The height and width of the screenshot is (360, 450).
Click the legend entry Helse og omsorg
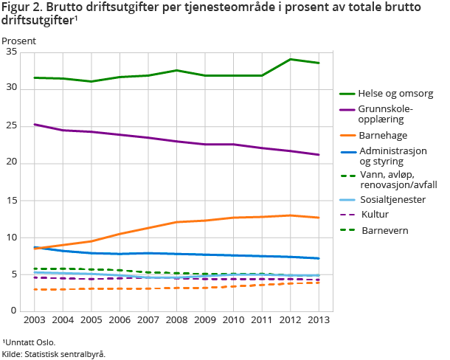pyautogui.click(x=395, y=94)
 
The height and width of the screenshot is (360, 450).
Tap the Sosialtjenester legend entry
pyautogui.click(x=392, y=199)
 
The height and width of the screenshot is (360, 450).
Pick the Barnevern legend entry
pyautogui.click(x=384, y=230)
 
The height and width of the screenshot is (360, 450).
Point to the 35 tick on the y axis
pyautogui.click(x=23, y=52)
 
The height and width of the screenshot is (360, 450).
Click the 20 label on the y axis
pyautogui.click(x=23, y=163)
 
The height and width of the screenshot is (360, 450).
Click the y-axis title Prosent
pyautogui.click(x=18, y=41)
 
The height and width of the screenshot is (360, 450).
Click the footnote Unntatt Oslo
pyautogui.click(x=29, y=342)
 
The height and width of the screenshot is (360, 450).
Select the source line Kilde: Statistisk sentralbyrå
pyautogui.click(x=53, y=353)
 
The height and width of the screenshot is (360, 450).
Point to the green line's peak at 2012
pyautogui.click(x=290, y=59)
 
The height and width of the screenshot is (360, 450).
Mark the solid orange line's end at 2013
pyautogui.click(x=319, y=218)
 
